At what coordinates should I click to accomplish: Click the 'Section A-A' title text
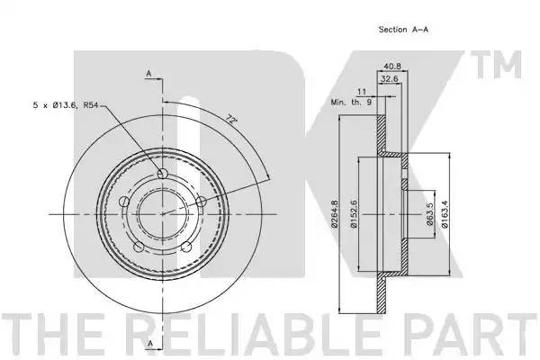(403, 30)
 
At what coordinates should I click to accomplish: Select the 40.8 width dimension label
(392, 67)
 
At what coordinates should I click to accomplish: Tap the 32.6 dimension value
(390, 79)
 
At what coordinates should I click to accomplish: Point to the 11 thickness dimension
(362, 92)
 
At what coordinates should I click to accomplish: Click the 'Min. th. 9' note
(351, 103)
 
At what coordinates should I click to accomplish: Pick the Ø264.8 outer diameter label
(334, 214)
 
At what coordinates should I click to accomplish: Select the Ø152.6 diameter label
(354, 214)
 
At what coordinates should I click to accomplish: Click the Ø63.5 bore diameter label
(429, 214)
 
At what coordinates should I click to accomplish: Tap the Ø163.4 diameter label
(445, 214)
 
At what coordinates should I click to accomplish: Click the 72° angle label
(233, 119)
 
